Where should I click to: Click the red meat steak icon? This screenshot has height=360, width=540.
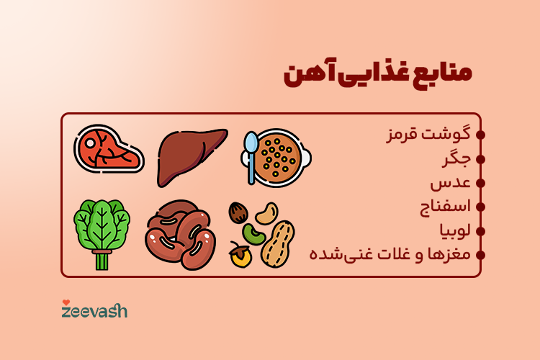click(108, 150)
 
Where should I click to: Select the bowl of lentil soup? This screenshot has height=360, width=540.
click(283, 156)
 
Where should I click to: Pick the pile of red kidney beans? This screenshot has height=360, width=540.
click(180, 235)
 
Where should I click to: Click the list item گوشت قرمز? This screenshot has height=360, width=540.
click(428, 135)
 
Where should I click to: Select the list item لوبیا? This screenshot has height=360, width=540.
click(454, 230)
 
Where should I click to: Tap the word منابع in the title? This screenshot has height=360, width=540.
click(441, 76)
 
